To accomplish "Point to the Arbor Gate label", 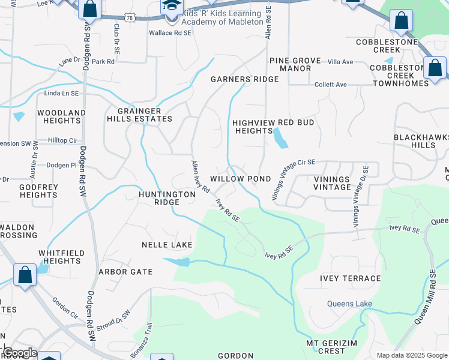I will (x=125, y=272).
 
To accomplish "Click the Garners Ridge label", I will (x=244, y=79).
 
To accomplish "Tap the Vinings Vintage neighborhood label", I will (x=332, y=183).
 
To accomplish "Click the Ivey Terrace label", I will (x=354, y=278).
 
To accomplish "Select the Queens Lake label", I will (x=349, y=304).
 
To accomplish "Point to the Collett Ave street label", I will (x=331, y=85).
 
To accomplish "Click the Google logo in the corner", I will (x=19, y=352).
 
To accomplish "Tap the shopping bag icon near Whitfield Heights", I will (x=25, y=276).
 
